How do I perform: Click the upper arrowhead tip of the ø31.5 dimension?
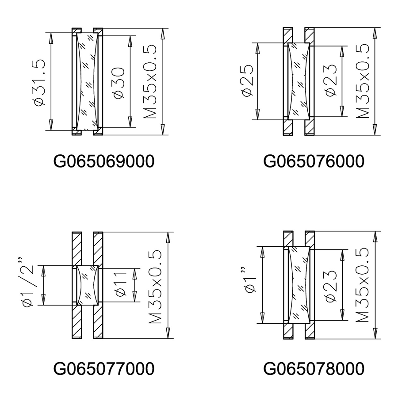tap(51, 33)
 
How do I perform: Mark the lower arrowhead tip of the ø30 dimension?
tap(130, 127)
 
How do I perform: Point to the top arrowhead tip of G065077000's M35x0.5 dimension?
tap(168, 232)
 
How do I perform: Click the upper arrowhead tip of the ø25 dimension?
tap(258, 43)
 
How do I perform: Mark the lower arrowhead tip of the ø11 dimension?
tap(134, 302)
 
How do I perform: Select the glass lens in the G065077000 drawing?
tap(87, 285)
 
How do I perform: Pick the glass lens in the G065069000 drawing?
tap(87, 81)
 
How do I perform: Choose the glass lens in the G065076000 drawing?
tap(299, 81)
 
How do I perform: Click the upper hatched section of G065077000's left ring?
tap(77, 249)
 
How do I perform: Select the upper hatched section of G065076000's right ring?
tap(310, 35)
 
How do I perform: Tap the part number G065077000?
tap(104, 368)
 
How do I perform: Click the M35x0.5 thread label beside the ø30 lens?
tap(150, 82)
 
